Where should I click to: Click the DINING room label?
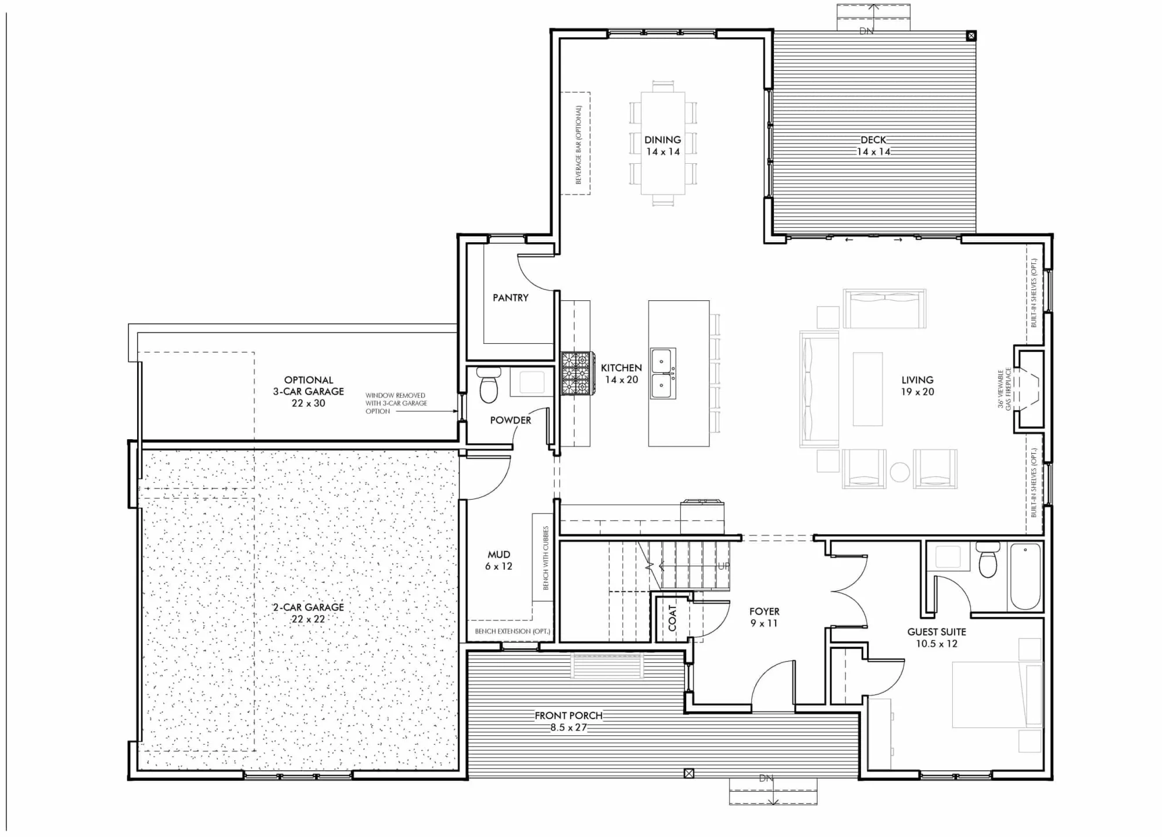click(662, 139)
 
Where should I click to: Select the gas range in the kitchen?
click(576, 373)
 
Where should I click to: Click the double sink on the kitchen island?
click(663, 373)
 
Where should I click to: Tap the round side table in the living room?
click(899, 472)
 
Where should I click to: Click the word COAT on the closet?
click(672, 618)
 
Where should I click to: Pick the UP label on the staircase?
click(723, 566)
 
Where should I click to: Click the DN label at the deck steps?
click(866, 31)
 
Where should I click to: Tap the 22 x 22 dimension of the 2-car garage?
click(309, 619)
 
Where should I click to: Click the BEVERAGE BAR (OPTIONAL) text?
click(578, 144)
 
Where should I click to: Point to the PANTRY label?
click(511, 297)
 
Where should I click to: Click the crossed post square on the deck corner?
click(971, 36)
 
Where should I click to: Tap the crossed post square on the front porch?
click(688, 773)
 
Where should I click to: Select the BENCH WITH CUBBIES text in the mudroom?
click(546, 558)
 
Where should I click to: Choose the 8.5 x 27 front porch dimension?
click(569, 728)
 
